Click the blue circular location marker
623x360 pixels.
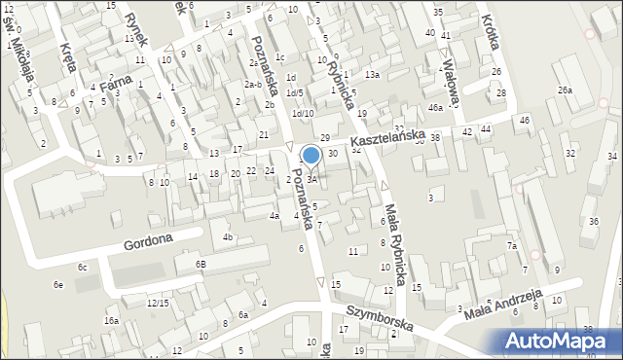pyautogui.click(x=311, y=155)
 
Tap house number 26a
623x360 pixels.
pyautogui.click(x=565, y=90)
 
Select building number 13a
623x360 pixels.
pyautogui.click(x=371, y=75)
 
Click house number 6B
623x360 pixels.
pyautogui.click(x=201, y=264)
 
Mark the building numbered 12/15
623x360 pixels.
pyautogui.click(x=158, y=303)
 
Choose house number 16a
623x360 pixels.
pyautogui.click(x=112, y=320)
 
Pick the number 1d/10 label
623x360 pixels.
pyautogui.click(x=302, y=114)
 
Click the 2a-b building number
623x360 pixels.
pyautogui.click(x=253, y=85)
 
